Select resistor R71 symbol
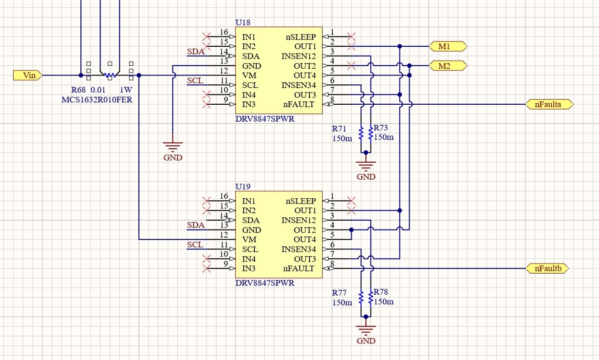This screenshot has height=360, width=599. [361, 133]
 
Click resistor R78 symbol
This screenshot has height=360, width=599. [371, 297]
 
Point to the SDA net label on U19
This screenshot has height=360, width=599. [195, 225]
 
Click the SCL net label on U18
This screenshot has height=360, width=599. [195, 80]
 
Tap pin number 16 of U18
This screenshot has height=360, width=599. [224, 32]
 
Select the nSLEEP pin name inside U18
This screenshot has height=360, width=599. [301, 37]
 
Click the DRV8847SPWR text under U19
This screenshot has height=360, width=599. [265, 283]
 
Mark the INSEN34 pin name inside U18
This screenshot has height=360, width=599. [299, 85]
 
